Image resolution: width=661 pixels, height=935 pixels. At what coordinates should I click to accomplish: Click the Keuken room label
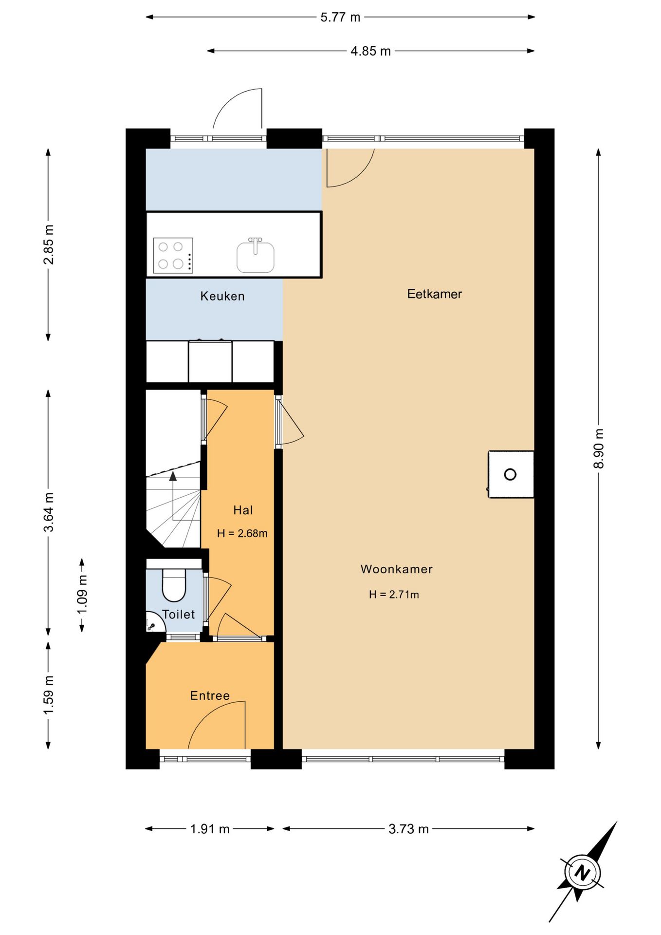[x=222, y=296]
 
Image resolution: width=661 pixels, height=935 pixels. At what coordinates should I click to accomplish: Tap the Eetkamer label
[x=435, y=294]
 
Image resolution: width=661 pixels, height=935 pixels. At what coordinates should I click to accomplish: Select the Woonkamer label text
[x=396, y=569]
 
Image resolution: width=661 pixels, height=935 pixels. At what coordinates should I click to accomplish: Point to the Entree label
[x=210, y=695]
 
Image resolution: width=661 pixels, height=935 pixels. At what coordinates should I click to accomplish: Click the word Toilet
[x=179, y=614]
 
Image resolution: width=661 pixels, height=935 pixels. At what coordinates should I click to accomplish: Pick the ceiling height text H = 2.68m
[x=242, y=533]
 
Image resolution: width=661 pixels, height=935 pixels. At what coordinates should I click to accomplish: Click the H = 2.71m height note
[x=394, y=594]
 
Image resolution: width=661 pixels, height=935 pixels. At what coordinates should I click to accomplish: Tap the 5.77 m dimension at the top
[x=340, y=17]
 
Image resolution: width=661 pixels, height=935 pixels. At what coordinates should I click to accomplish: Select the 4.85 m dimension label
[x=370, y=51]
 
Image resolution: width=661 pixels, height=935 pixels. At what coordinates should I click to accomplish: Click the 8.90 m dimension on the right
[x=599, y=449]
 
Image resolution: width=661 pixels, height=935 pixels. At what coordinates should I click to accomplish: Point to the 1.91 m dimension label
[x=210, y=829]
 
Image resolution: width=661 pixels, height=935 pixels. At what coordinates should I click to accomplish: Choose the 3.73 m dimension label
[x=408, y=829]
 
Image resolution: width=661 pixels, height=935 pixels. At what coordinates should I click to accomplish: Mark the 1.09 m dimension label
[x=82, y=595]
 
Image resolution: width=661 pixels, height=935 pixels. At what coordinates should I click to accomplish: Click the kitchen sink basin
[x=256, y=256]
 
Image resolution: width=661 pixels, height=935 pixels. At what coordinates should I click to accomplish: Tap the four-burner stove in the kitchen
[x=173, y=255]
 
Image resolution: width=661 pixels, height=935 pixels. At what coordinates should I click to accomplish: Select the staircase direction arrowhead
[x=173, y=476]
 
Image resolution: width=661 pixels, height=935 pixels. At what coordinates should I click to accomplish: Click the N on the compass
[x=582, y=872]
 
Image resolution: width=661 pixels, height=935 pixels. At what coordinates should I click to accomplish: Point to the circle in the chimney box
[x=510, y=474]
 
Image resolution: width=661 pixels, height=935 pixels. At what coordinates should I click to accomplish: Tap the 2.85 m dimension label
[x=49, y=244]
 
